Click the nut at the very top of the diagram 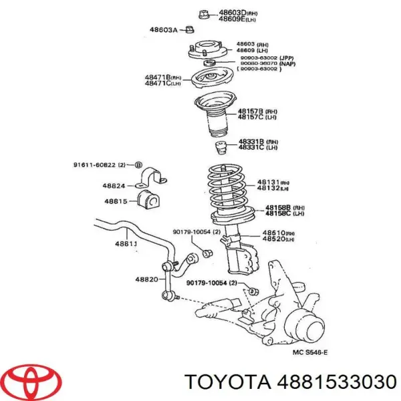click(205, 12)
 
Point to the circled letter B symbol click(138, 164)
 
